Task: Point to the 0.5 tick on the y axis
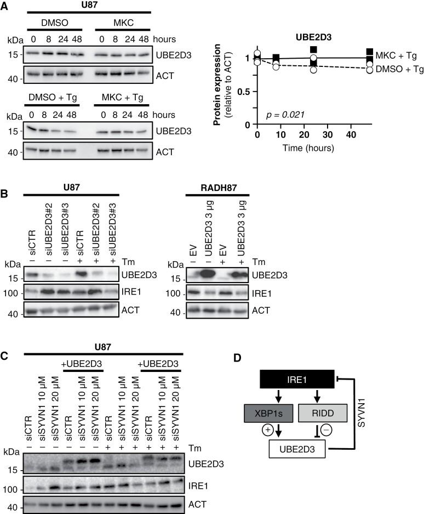tap(248, 91)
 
